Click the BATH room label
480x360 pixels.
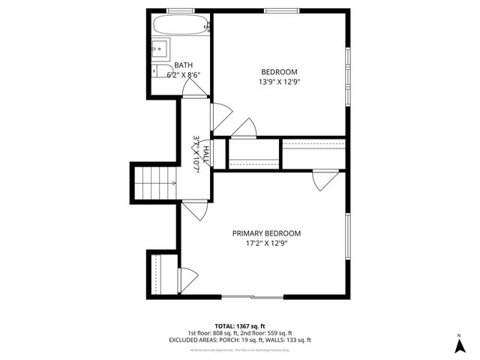(183, 65)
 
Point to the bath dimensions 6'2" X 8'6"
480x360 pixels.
(183, 75)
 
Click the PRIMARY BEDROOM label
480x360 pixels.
(260, 233)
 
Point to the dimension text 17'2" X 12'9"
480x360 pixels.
(260, 243)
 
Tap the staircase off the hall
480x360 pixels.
(155, 182)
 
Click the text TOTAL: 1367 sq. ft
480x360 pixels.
(239, 326)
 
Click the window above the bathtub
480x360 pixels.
(178, 10)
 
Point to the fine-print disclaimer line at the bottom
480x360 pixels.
(239, 349)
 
